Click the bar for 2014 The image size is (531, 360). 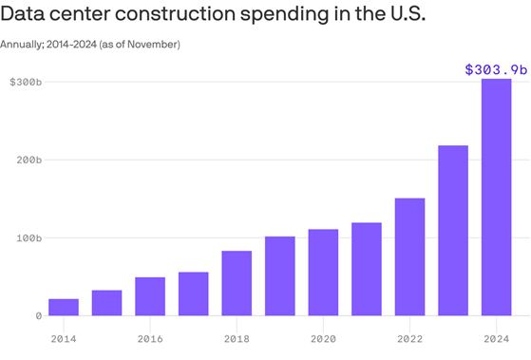point(64,307)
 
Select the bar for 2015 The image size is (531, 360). point(106,302)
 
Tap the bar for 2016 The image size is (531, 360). point(150,296)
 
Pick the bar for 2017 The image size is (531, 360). point(193,294)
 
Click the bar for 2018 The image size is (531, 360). point(237,283)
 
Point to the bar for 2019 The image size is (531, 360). point(279,275)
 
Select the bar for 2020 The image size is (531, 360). point(323,272)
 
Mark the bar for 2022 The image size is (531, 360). point(409,256)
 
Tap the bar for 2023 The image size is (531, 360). point(452,230)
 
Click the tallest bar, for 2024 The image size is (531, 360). point(496,197)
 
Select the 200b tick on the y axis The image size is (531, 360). point(28,161)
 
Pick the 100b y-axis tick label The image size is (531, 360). point(28,237)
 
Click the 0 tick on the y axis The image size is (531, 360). point(39,315)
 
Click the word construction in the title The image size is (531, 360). point(180,18)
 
